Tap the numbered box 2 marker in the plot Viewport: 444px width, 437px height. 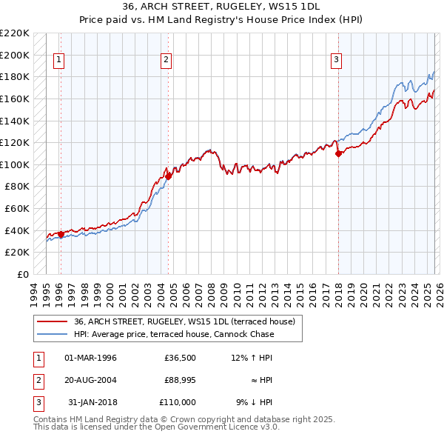coord(166,61)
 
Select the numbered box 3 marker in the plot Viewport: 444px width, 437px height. coord(336,61)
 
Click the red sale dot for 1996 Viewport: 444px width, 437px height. coord(61,234)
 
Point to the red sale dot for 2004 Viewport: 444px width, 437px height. coord(169,176)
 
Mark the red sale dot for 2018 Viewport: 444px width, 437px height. coord(339,154)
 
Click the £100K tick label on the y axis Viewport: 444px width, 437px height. coord(15,164)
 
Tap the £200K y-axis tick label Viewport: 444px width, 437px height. coord(15,55)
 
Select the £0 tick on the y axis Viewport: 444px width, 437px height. coord(23,274)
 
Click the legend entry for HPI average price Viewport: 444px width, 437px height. coord(173,334)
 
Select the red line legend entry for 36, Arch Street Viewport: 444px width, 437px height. coord(184,321)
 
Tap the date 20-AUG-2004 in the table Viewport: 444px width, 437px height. coord(91,380)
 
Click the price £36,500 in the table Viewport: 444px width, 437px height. coord(180,358)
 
